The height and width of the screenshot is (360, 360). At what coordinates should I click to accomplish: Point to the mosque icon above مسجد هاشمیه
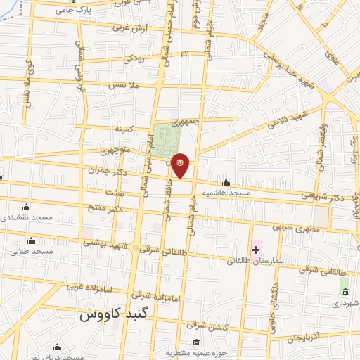[x=226, y=182]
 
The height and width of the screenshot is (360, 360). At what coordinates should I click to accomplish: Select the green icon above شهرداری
[x=345, y=291]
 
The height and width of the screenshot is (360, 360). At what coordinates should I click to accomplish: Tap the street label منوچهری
[x=115, y=151]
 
